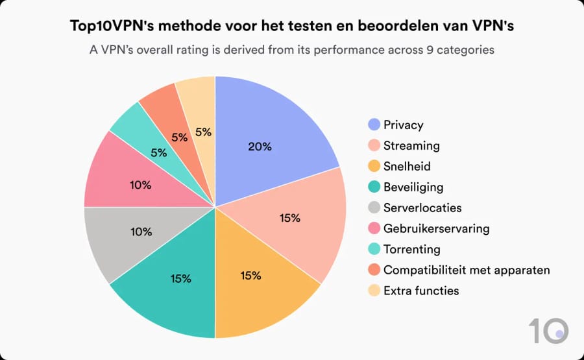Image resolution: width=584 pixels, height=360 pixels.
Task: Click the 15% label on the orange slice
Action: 250,276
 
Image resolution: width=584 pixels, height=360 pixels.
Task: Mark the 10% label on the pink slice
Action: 140,185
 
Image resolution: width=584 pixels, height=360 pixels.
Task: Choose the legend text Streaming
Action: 411,145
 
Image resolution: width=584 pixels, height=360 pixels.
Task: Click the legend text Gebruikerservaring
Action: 436,228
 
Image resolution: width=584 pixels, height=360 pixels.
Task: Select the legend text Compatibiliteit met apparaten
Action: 467,270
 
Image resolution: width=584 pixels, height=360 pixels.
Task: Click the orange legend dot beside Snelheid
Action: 374,166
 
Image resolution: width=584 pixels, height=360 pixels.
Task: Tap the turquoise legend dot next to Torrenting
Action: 374,249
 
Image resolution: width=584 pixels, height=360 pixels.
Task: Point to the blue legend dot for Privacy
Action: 374,125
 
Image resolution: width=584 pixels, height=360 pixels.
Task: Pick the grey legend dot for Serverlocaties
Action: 374,208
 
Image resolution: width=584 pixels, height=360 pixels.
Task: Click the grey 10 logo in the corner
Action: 548,331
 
